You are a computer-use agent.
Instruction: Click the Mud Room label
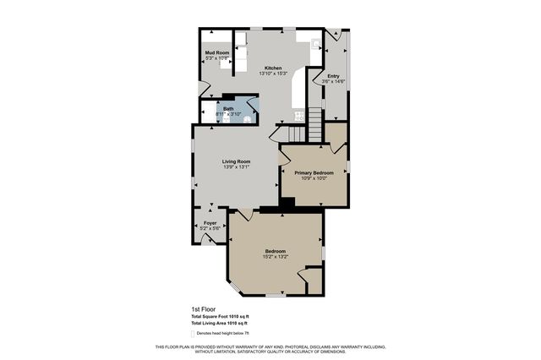click(x=217, y=53)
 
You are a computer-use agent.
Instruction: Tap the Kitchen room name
click(x=273, y=68)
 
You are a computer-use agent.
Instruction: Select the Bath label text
click(x=228, y=108)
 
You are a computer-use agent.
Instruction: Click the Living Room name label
click(x=236, y=161)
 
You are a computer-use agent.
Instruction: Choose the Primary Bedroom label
click(x=314, y=172)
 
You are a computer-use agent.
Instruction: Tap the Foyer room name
click(x=210, y=223)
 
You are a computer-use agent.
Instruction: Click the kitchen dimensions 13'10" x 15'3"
click(x=273, y=74)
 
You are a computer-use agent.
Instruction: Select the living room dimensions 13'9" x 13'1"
click(x=236, y=166)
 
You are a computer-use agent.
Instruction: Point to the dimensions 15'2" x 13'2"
click(x=276, y=257)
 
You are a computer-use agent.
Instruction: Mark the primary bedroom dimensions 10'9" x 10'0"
click(x=314, y=178)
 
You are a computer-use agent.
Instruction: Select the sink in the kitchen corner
click(x=314, y=42)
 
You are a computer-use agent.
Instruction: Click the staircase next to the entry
click(x=314, y=129)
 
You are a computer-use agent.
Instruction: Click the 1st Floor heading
click(x=201, y=309)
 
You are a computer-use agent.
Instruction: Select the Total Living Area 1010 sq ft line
click(x=219, y=324)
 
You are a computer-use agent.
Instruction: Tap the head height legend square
click(x=194, y=333)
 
